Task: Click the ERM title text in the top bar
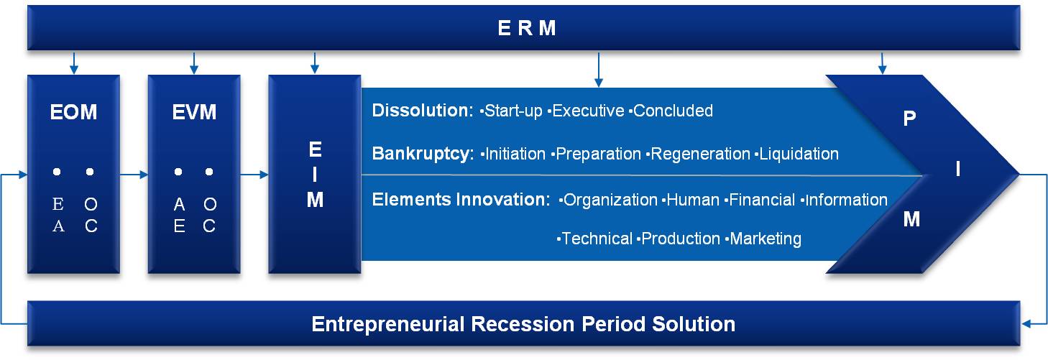coord(527,28)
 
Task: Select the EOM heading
coord(73,112)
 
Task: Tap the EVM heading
coord(194,112)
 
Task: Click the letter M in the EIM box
coord(315,200)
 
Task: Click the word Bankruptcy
coord(423,154)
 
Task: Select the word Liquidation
coord(799,154)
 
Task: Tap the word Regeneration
coord(700,154)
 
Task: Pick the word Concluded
coord(674,111)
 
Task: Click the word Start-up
coord(513,111)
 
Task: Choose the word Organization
coord(610,200)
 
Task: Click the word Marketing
coord(766,239)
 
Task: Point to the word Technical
coord(597,239)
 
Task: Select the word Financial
coord(762,200)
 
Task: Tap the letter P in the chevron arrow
coord(909,119)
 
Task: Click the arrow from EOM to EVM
coord(134,175)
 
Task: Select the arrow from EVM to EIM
coord(254,175)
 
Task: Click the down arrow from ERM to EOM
coord(73,63)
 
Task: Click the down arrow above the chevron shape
coord(882,63)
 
